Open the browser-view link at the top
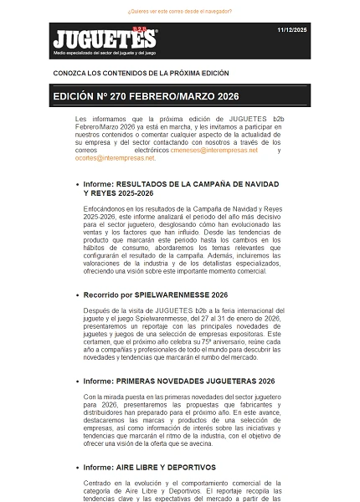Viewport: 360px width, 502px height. click(179, 12)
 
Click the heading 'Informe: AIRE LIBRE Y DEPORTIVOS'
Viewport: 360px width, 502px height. click(149, 467)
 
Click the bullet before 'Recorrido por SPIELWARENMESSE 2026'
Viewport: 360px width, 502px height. click(77, 295)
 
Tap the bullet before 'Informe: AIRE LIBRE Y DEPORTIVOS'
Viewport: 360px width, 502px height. click(77, 468)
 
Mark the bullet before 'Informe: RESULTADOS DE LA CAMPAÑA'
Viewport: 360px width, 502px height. click(77, 184)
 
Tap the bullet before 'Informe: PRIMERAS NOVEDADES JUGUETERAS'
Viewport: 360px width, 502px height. click(77, 382)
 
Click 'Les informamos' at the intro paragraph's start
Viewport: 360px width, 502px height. click(98, 120)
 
